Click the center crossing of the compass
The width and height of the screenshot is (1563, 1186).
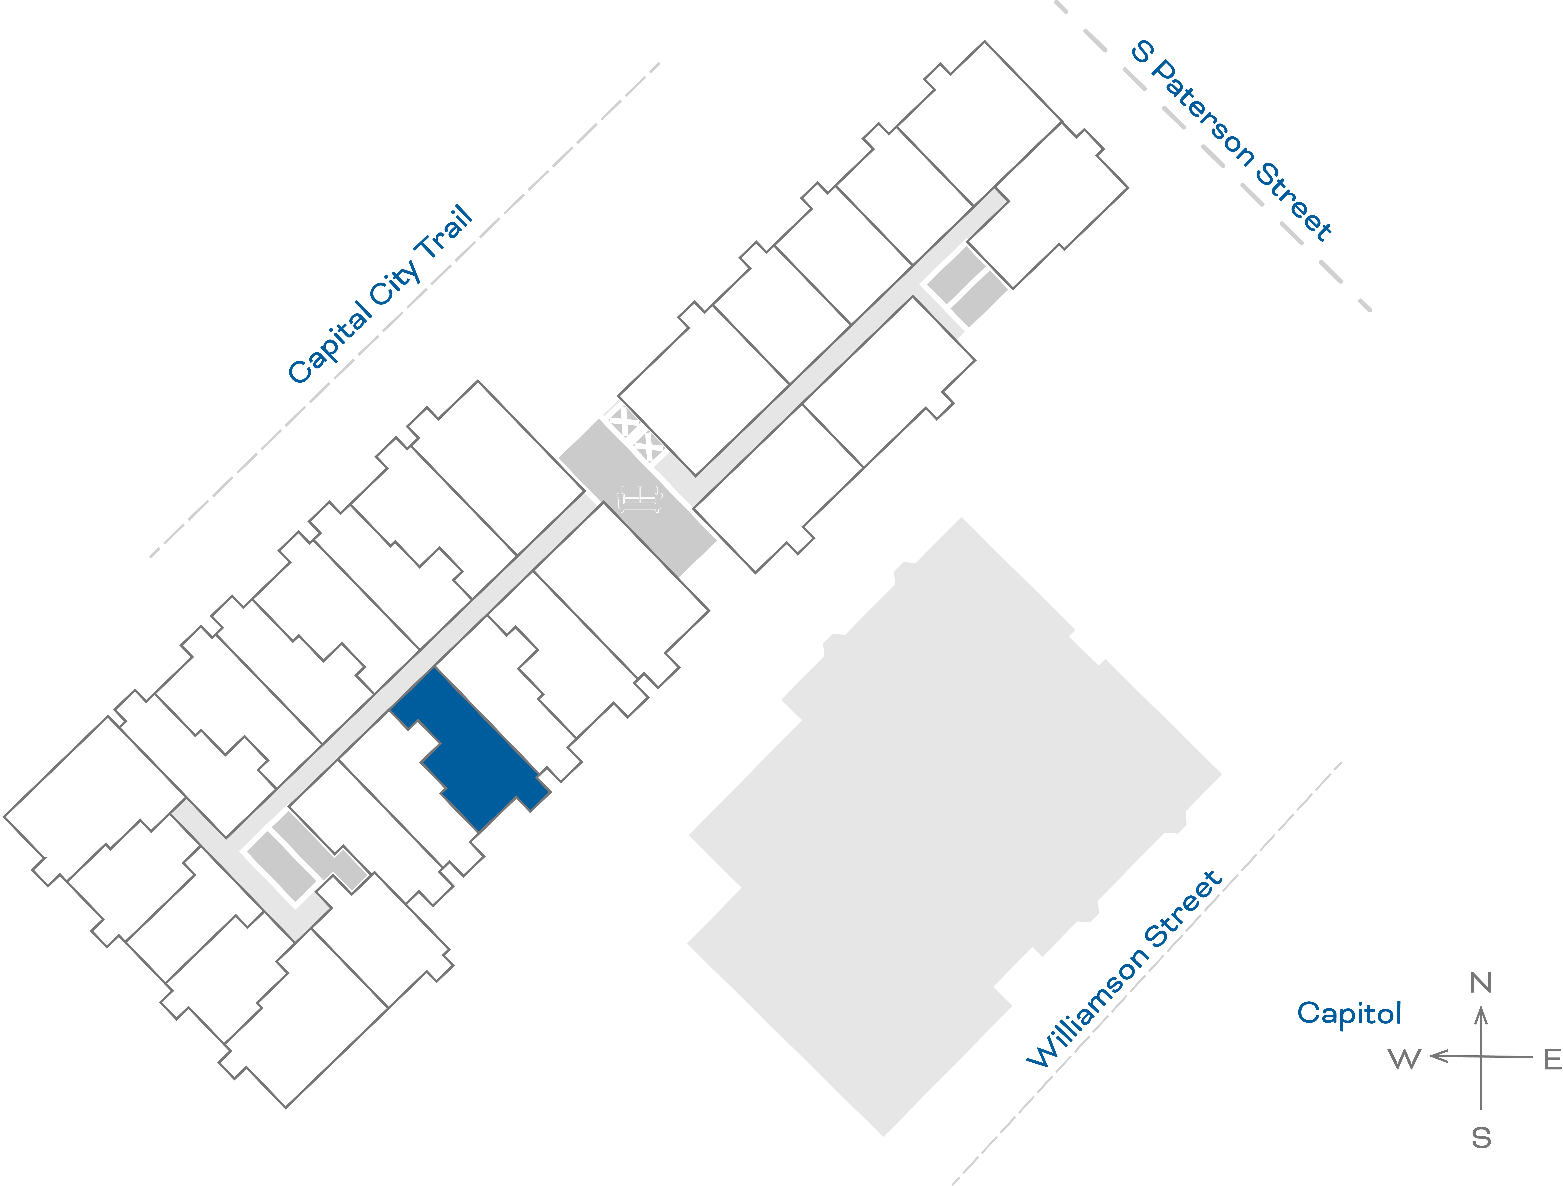pyautogui.click(x=1481, y=1057)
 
